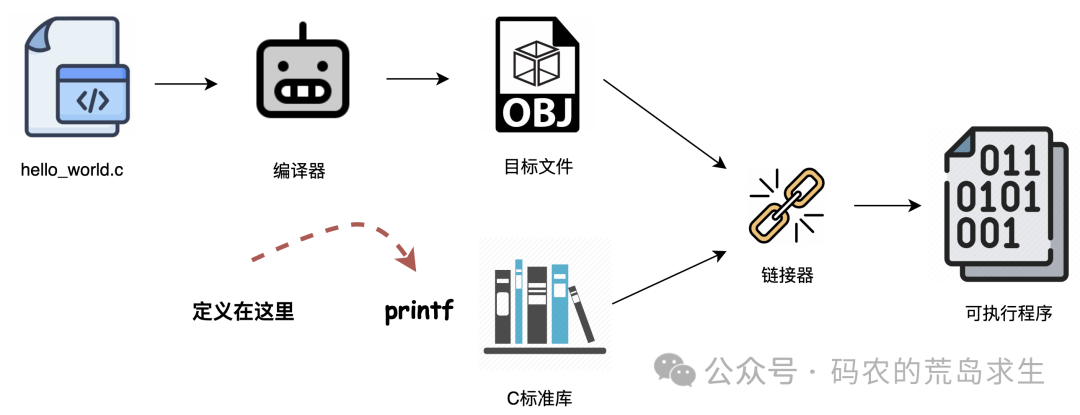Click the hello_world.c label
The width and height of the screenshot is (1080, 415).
click(x=72, y=169)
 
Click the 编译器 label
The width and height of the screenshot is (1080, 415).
click(x=299, y=171)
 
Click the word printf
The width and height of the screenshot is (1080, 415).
click(x=419, y=311)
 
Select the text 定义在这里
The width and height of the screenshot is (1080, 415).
click(x=243, y=311)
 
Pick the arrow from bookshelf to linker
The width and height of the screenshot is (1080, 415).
click(x=667, y=276)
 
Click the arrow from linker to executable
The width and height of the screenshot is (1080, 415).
click(x=886, y=206)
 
